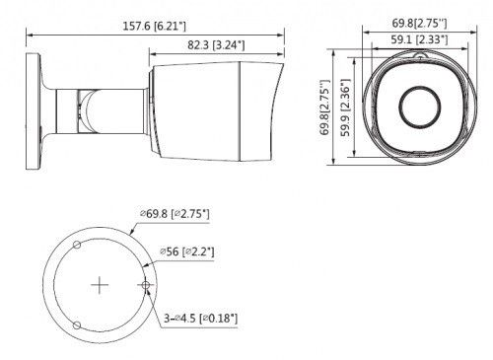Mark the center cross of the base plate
pos(100,285)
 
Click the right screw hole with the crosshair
pos(147,285)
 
